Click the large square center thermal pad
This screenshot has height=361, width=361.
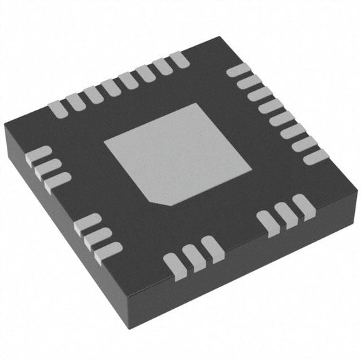[x=169, y=152]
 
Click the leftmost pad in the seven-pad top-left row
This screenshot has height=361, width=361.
[x=58, y=106]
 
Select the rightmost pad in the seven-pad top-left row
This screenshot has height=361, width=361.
[x=179, y=60]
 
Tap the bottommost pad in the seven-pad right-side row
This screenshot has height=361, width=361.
[x=315, y=157]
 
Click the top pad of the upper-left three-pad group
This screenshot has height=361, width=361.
[x=38, y=154]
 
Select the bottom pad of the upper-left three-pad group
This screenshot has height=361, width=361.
[x=57, y=179]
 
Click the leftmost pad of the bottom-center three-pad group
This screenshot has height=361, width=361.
[x=174, y=261]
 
